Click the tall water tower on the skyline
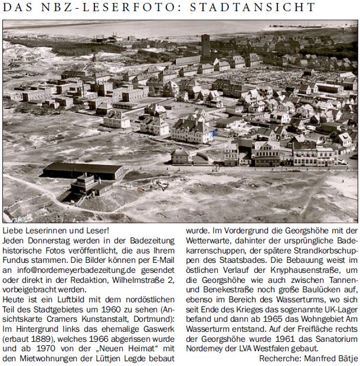(x=205, y=44)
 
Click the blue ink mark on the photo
(x=214, y=133)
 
